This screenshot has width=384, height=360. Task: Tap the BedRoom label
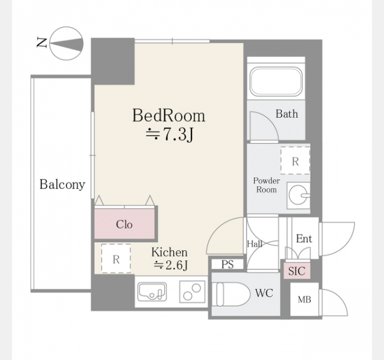[x=169, y=115]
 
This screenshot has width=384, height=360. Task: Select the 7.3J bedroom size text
[x=169, y=134]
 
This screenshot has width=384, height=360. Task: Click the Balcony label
[x=62, y=184]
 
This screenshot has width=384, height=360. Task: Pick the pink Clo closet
[x=125, y=224]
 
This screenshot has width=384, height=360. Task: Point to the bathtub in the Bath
[x=276, y=82]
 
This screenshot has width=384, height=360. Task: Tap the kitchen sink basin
[x=152, y=292]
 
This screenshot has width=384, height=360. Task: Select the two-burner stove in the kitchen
[x=192, y=292]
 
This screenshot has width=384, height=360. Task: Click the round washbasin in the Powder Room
[x=298, y=195]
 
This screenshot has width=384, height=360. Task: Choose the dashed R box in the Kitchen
[x=116, y=259]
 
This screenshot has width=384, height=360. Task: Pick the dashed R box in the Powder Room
[x=295, y=161]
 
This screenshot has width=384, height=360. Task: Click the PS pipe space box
[x=227, y=264]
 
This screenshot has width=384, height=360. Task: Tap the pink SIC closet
[x=297, y=271]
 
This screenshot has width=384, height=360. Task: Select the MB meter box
[x=304, y=299]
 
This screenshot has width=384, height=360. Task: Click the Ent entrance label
[x=304, y=239]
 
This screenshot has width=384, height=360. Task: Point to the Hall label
[x=254, y=244]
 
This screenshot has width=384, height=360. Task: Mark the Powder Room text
[x=266, y=185]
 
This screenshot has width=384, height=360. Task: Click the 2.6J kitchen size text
[x=171, y=265]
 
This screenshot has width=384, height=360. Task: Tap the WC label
[x=264, y=293]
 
